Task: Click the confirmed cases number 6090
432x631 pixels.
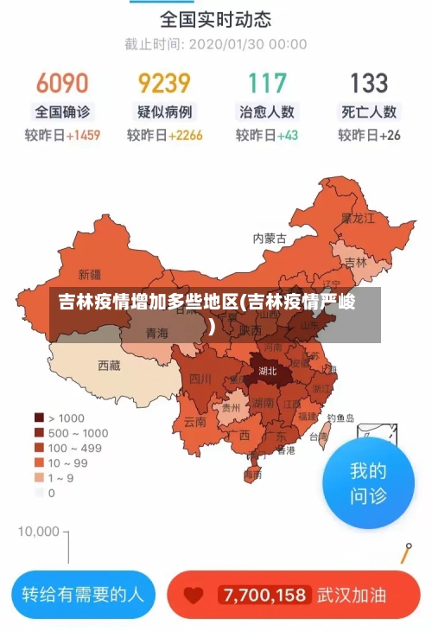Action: point(62,83)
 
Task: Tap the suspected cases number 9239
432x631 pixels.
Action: point(164,83)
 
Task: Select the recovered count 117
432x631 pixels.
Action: point(267,83)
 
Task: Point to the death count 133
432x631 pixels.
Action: point(369,83)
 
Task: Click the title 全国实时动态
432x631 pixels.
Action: point(215,18)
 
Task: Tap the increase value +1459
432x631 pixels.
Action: point(83,135)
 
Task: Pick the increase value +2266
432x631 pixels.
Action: point(186,135)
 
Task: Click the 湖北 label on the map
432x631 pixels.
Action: point(268,371)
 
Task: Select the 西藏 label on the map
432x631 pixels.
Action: point(110,366)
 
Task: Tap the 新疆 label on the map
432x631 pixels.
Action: point(90,275)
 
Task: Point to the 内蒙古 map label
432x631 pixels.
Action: point(270,238)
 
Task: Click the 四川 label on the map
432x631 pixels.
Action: point(200,379)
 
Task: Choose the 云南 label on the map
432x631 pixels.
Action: point(195,422)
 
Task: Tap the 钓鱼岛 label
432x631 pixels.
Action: point(340,417)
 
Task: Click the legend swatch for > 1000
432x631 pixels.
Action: point(39,417)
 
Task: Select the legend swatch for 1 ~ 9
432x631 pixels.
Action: point(39,478)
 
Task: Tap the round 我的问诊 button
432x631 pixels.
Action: point(368,483)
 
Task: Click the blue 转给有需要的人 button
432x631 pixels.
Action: point(83,595)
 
